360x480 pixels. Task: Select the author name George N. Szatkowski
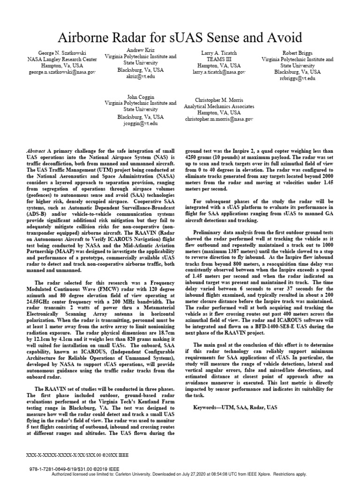click(62, 53)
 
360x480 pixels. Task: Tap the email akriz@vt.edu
click(140, 76)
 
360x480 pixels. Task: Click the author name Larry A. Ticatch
click(218, 53)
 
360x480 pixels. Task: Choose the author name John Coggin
click(140, 97)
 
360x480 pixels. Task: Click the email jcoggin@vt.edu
click(140, 123)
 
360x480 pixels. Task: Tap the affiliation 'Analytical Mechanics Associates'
click(218, 106)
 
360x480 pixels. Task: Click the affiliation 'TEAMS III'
click(218, 60)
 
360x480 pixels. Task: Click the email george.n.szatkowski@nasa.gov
click(62, 73)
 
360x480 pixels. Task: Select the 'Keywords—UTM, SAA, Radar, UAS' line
click(235, 407)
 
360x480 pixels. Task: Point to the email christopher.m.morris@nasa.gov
click(218, 120)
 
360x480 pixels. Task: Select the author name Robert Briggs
click(297, 53)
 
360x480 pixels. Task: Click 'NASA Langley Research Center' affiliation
click(62, 60)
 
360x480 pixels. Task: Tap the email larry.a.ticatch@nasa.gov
click(218, 73)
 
